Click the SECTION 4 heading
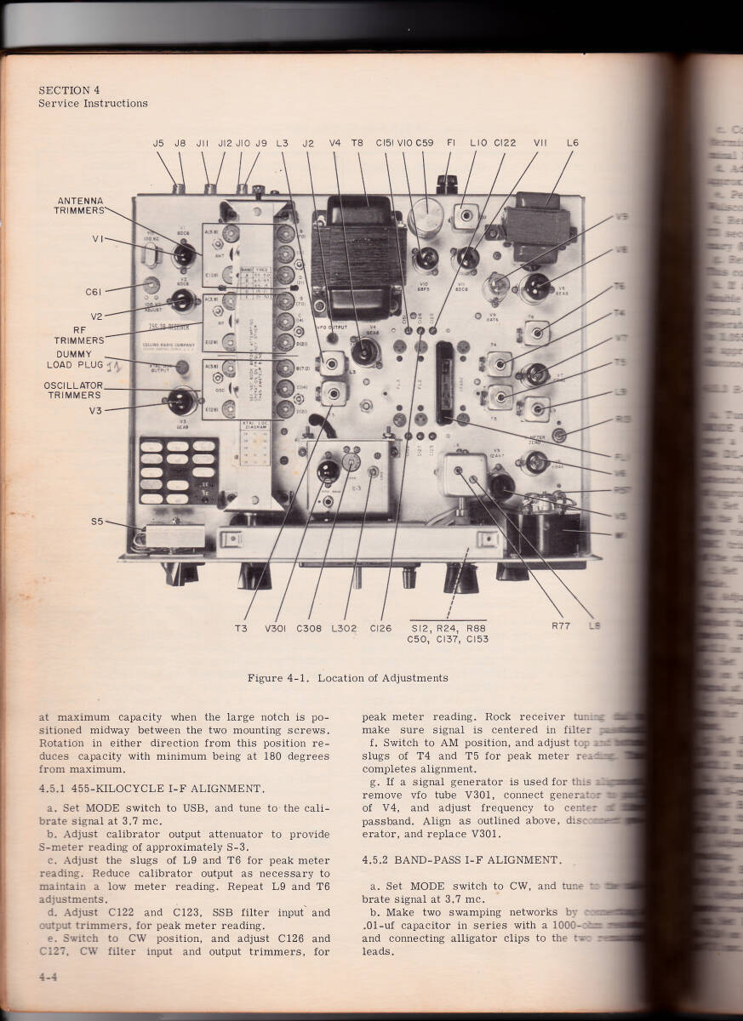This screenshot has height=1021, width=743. pos(70,90)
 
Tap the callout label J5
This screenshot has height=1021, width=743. pos(158,144)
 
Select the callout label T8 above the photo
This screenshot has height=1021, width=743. pos(357,144)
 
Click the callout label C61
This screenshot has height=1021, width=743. pos(95,292)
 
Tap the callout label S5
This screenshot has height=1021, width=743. pos(98,522)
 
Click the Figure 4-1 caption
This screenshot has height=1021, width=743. pos(347,678)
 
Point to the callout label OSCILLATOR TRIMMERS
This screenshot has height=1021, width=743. pos(74,390)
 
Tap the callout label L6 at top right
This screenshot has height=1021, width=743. pos(572,144)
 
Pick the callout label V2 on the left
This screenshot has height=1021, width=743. pos(97,317)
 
